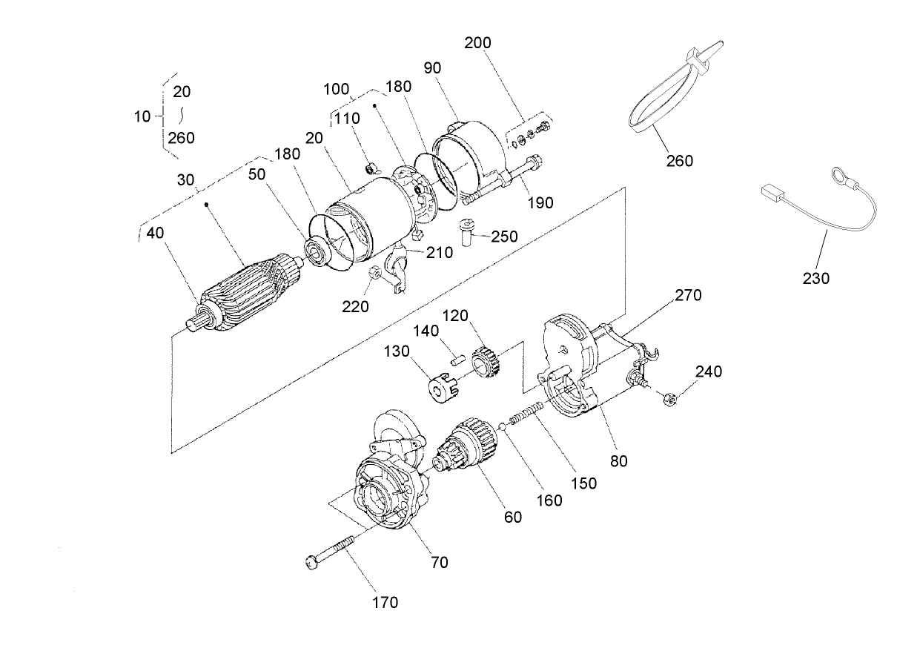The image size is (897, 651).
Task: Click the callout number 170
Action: point(385,602)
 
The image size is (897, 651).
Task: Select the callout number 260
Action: point(679,161)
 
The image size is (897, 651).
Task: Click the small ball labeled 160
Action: point(502,426)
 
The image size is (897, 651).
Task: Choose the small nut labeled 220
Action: point(375,274)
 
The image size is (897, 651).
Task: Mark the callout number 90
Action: point(433,67)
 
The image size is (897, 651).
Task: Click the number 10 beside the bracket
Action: point(143,116)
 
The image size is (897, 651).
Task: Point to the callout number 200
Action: point(477,42)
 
